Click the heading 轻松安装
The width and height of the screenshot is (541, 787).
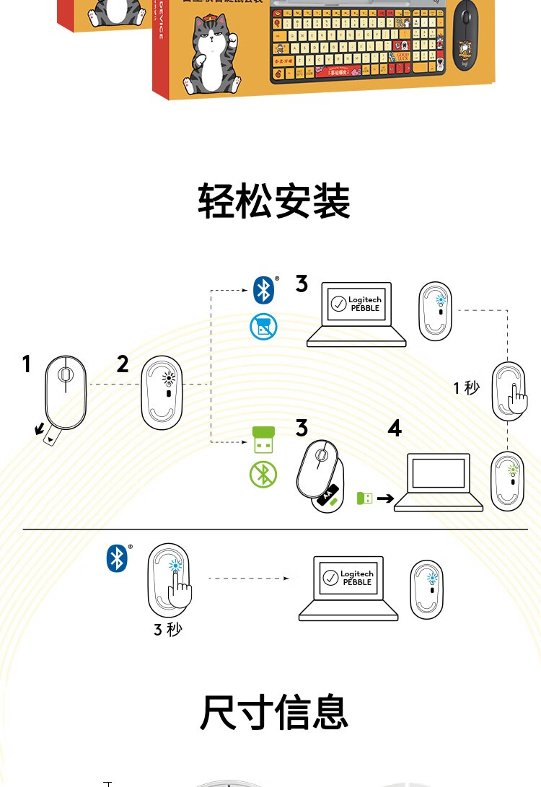pyautogui.click(x=274, y=201)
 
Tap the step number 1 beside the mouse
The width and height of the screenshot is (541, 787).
pyautogui.click(x=27, y=364)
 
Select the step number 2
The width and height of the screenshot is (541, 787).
pyautogui.click(x=123, y=364)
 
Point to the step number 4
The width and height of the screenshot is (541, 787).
pyautogui.click(x=394, y=428)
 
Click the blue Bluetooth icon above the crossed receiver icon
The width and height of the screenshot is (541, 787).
pyautogui.click(x=263, y=290)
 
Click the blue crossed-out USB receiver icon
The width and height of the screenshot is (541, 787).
pyautogui.click(x=263, y=327)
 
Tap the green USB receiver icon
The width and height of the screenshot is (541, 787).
pyautogui.click(x=263, y=440)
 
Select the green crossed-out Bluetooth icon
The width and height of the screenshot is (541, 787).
pyautogui.click(x=263, y=475)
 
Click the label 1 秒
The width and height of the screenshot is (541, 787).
pyautogui.click(x=466, y=388)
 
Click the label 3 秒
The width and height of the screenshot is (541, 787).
pyautogui.click(x=167, y=629)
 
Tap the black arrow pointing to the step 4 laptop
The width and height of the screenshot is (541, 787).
pyautogui.click(x=385, y=498)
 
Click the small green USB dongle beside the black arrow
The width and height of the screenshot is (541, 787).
pyautogui.click(x=365, y=498)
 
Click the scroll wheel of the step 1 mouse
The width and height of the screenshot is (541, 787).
pyautogui.click(x=65, y=375)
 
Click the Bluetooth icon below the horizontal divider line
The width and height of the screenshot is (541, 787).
pyautogui.click(x=116, y=558)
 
